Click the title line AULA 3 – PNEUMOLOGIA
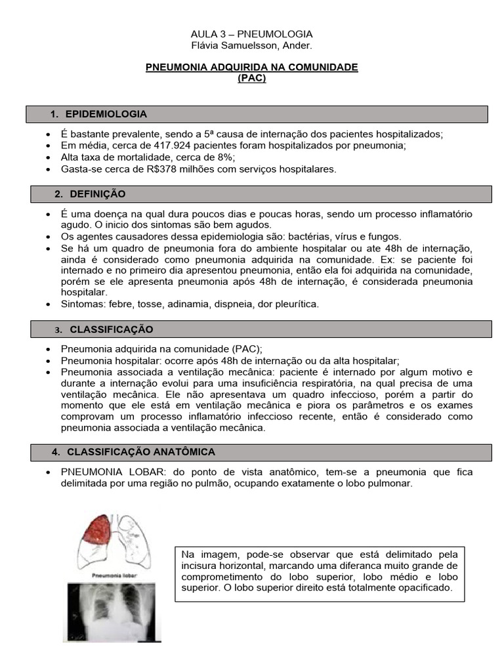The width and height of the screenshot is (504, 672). click(251, 33)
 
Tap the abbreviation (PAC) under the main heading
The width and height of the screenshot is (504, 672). click(251, 77)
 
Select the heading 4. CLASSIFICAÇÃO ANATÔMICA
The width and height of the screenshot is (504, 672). click(140, 452)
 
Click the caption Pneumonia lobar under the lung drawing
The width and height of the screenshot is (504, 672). click(113, 574)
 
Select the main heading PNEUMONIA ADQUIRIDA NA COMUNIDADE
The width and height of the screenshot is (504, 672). click(251, 67)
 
